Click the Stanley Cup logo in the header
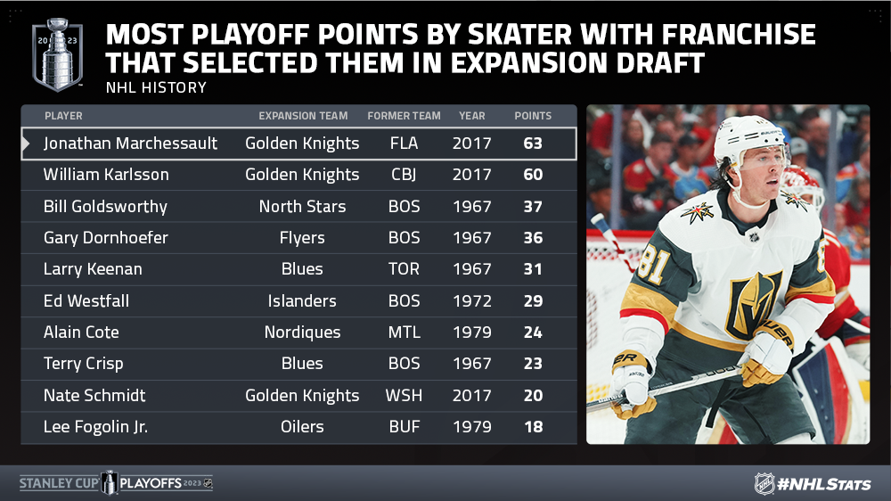[x=57, y=54]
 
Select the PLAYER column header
[x=63, y=116]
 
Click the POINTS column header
[x=533, y=116]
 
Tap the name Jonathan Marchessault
[x=130, y=144]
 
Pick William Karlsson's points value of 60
[x=533, y=175]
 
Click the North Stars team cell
[x=302, y=207]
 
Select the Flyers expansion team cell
[x=302, y=238]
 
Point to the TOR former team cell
[x=404, y=269]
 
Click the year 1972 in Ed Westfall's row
[x=471, y=300]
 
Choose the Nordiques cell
[x=302, y=333]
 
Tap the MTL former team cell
[x=404, y=333]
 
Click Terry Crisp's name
[x=84, y=364]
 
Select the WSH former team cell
[x=404, y=395]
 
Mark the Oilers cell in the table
[x=302, y=426]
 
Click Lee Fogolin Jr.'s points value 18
[x=533, y=426]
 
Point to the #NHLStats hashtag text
[x=824, y=485]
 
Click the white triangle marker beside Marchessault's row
[x=26, y=144]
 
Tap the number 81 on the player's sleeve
[x=653, y=265]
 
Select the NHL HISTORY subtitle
[x=156, y=87]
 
